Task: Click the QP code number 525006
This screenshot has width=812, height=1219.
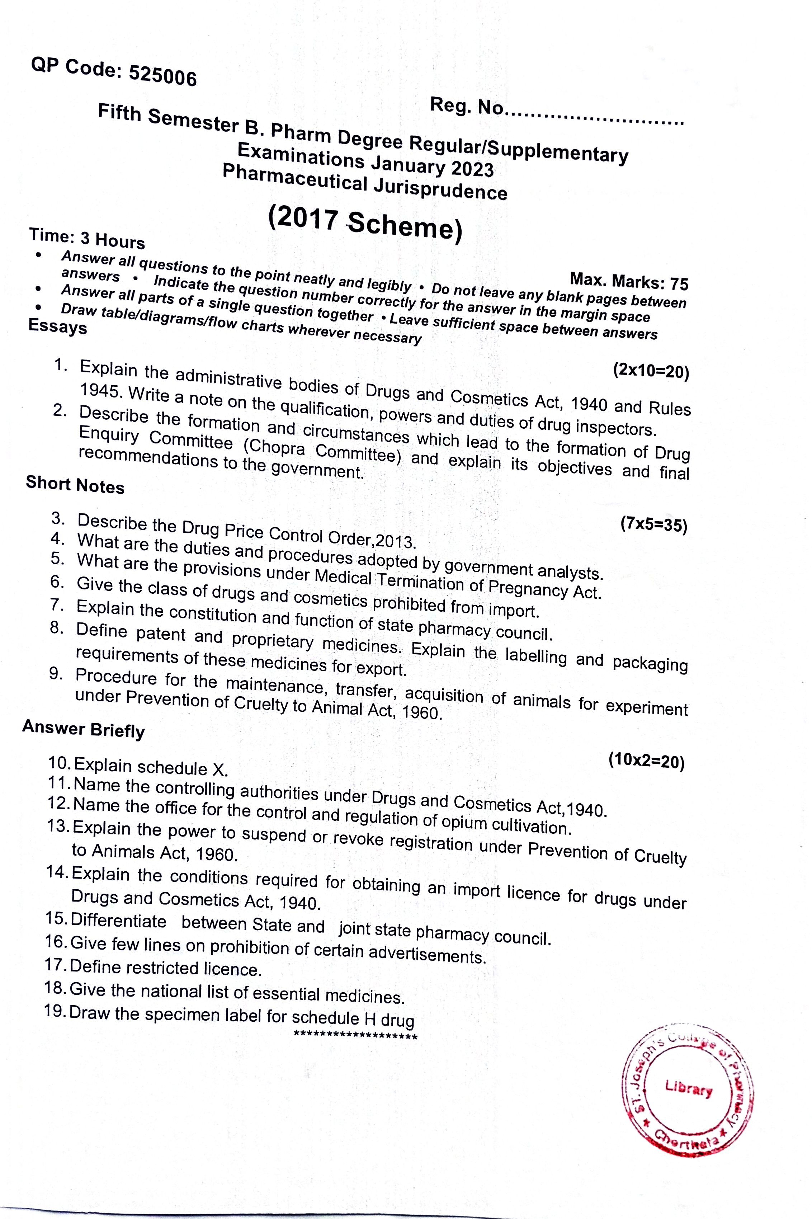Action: [x=162, y=76]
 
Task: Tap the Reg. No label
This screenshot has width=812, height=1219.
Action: [x=466, y=106]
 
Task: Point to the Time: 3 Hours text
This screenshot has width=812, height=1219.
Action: [x=87, y=238]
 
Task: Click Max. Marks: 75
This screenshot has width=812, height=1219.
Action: [x=629, y=281]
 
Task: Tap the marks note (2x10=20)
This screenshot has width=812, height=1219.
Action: [x=651, y=371]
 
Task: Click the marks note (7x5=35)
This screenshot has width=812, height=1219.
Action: [x=653, y=524]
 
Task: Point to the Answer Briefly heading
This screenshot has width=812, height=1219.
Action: [x=83, y=729]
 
